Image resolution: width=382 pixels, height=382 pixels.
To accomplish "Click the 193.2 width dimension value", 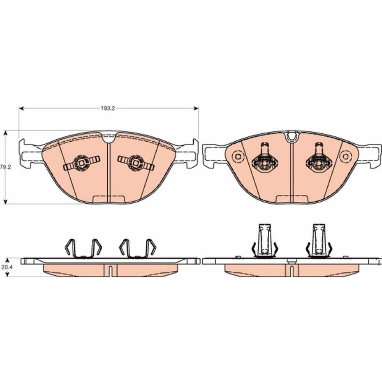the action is click(108, 108).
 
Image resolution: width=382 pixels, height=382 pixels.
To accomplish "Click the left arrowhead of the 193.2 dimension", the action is click(21, 108).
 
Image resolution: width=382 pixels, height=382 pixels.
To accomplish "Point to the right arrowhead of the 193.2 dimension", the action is click(196, 108).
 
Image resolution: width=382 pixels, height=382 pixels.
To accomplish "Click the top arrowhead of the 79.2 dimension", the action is click(6, 133).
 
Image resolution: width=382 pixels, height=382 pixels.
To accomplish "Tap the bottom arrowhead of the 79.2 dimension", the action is click(6, 201).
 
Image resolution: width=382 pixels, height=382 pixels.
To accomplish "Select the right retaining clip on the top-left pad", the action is click(136, 163).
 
